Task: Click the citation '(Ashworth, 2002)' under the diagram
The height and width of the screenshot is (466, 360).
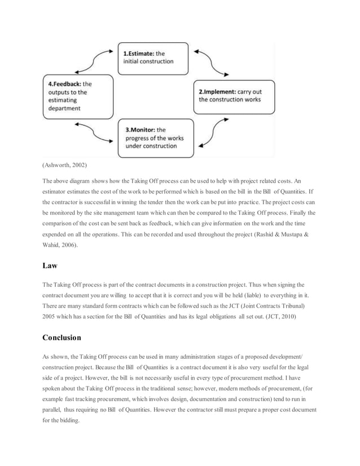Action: click(65, 165)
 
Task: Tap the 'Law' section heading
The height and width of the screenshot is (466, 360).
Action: click(50, 265)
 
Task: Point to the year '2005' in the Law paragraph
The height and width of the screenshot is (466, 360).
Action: click(50, 316)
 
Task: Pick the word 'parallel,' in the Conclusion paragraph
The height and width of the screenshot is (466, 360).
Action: click(55, 410)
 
